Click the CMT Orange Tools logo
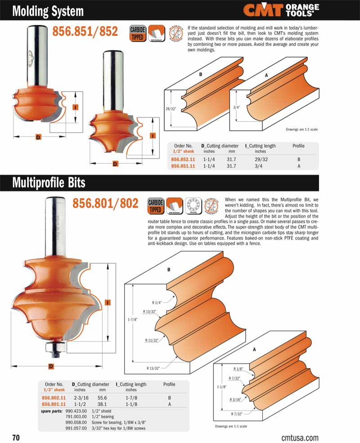tap(281, 10)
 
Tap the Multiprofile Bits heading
tap(49, 183)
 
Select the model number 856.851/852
tap(85, 31)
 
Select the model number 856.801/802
tap(105, 204)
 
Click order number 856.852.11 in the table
tap(183, 159)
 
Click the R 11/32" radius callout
tap(153, 340)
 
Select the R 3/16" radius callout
tap(235, 399)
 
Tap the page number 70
tap(16, 437)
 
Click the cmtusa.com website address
tap(300, 437)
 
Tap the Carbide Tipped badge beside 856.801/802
tap(155, 206)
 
